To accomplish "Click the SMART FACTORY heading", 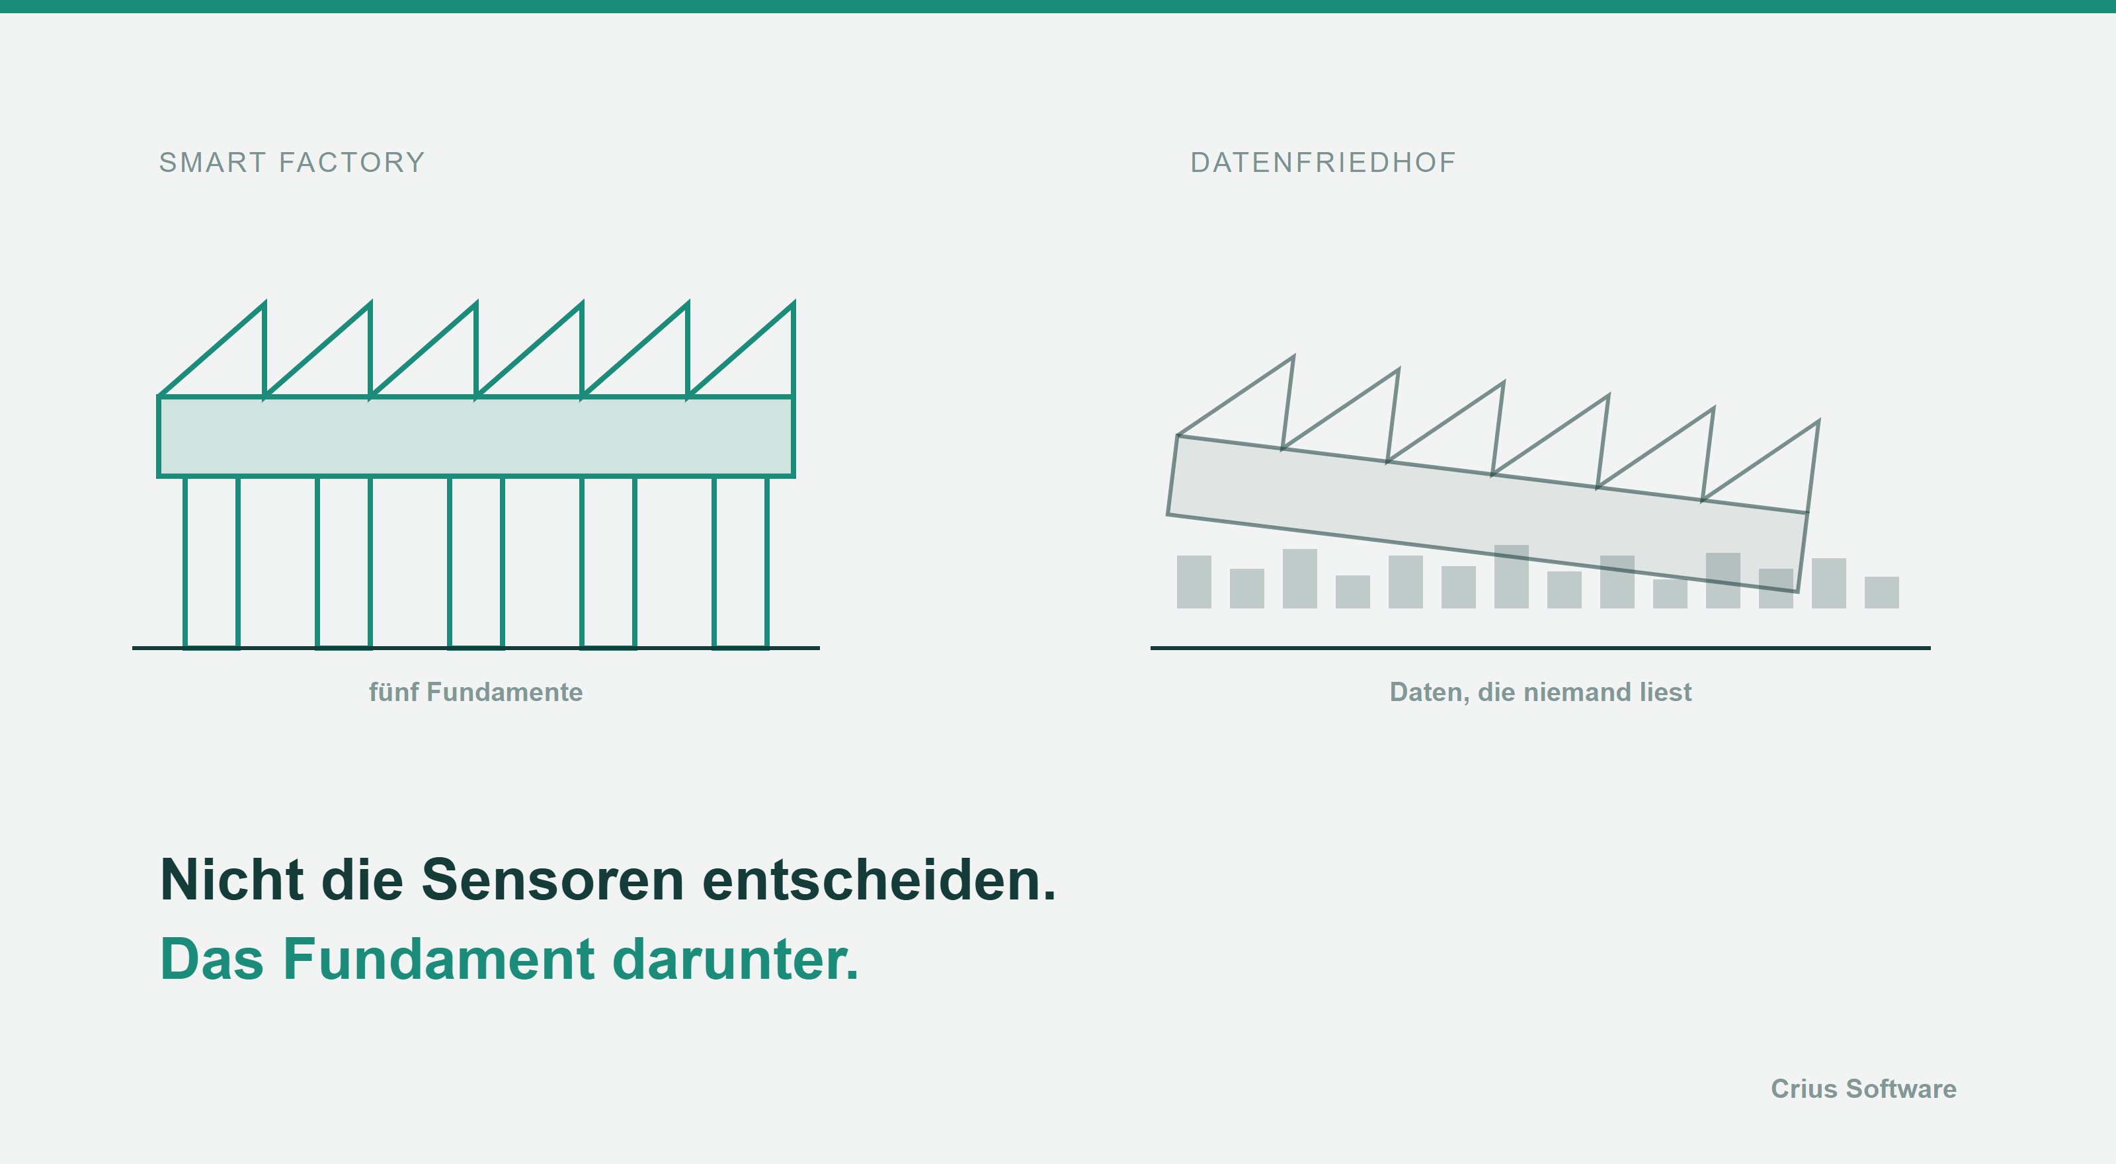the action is point(292,163).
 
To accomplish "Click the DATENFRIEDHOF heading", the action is point(1322,163).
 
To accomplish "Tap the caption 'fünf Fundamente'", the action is point(475,692).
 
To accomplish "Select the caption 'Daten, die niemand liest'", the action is point(1540,692).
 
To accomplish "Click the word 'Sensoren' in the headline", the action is point(552,880).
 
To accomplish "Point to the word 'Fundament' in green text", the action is point(438,960).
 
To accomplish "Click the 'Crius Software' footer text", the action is point(1863,1089).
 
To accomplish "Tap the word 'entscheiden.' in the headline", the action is point(879,880).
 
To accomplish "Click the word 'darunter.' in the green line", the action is point(735,960).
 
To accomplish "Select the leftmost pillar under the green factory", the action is point(211,563).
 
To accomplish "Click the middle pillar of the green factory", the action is point(475,563).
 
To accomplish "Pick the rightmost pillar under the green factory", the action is point(740,563).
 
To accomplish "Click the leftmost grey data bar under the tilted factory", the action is point(1194,581).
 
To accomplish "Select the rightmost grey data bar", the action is point(1881,593).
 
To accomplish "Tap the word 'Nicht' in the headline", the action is point(231,880).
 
